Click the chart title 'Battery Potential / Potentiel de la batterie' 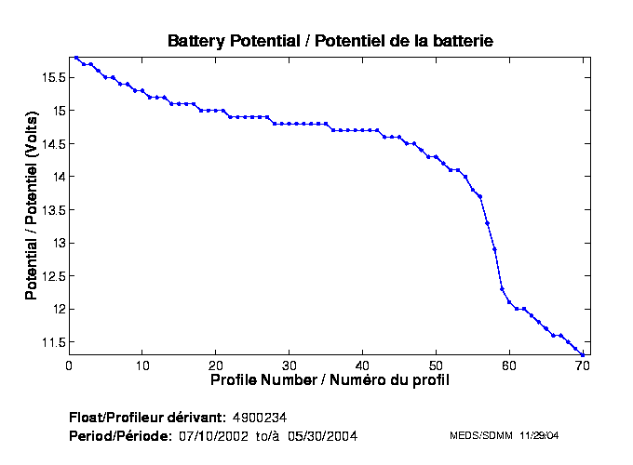330,41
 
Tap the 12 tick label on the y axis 56,309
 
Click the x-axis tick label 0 69,365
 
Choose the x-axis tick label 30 290,365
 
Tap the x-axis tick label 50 437,365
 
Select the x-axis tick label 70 584,365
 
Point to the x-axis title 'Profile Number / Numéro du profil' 330,380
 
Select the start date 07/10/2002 214,435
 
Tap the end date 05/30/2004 322,435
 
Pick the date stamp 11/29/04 537,435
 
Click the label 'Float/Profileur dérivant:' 147,415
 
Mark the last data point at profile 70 583,354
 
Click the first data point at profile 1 76,58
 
